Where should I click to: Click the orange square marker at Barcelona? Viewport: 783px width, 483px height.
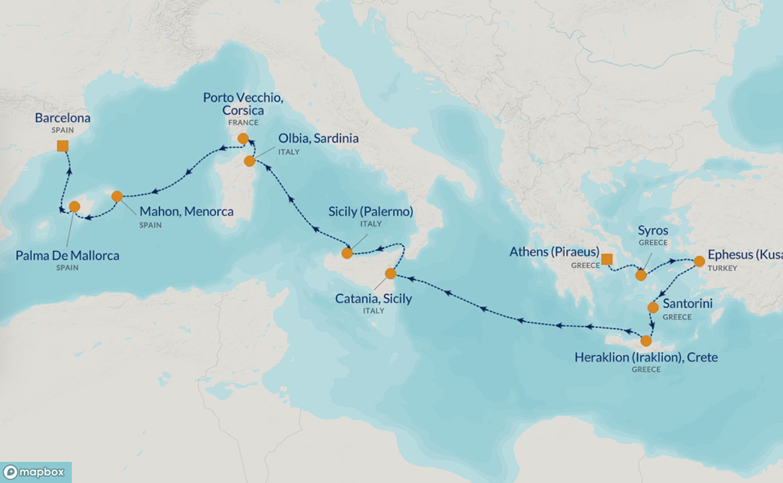click(x=63, y=146)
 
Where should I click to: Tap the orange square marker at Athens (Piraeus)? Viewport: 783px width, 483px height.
click(x=607, y=260)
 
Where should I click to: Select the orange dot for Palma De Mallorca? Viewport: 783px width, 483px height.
click(x=75, y=207)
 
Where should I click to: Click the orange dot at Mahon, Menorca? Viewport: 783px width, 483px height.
click(x=117, y=196)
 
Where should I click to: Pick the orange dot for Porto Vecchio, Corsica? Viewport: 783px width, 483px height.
click(x=243, y=138)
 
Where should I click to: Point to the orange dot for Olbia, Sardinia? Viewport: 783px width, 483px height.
click(x=250, y=161)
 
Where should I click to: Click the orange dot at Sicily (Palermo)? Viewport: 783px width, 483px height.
click(x=347, y=252)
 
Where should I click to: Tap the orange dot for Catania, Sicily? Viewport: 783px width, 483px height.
click(x=390, y=274)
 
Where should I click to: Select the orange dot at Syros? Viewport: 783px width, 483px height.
click(x=641, y=275)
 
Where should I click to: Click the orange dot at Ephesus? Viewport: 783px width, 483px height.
click(x=699, y=261)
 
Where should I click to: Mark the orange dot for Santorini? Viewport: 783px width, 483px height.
click(x=652, y=308)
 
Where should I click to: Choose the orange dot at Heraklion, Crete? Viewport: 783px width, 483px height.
click(x=647, y=340)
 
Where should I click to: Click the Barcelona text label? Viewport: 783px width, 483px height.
click(x=63, y=118)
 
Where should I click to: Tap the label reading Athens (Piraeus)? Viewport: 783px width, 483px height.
click(x=555, y=252)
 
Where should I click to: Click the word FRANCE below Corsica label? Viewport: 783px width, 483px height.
click(x=243, y=122)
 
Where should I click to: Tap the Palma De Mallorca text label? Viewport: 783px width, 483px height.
click(x=68, y=256)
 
